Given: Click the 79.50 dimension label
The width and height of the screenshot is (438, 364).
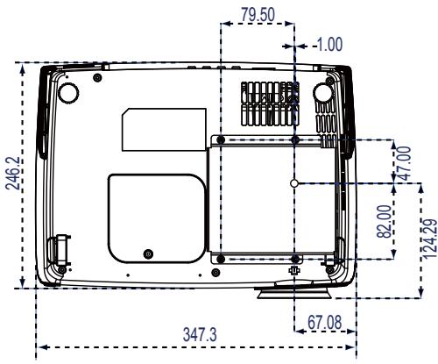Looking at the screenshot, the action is (x=258, y=15).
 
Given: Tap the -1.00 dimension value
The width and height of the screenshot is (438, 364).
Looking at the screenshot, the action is (x=328, y=45).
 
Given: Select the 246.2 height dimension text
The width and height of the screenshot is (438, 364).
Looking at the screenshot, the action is (x=13, y=173).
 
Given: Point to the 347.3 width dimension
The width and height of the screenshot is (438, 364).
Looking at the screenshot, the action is (x=200, y=334).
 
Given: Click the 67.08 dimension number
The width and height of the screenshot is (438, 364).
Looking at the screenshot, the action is (x=324, y=322).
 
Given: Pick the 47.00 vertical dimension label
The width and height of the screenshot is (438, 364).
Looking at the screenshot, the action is (x=405, y=163).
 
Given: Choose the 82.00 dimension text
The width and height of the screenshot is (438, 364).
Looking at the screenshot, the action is (x=384, y=221).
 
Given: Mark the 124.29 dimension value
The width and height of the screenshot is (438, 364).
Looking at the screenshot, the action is (x=430, y=239).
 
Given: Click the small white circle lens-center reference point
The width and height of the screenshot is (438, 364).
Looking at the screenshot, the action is (x=294, y=183).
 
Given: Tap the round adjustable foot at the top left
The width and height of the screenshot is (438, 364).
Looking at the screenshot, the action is (x=68, y=92).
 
